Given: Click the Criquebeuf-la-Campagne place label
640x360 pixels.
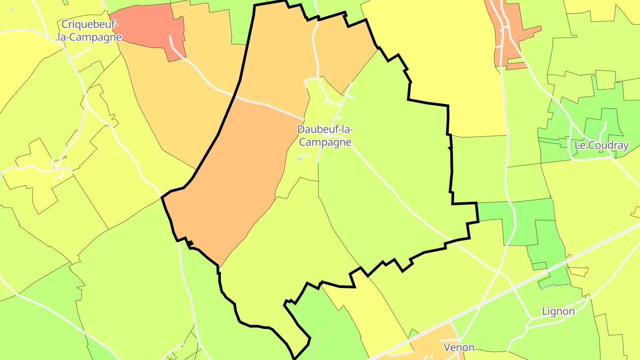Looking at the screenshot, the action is click(x=89, y=31).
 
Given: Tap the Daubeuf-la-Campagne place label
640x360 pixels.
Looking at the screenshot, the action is click(x=325, y=136).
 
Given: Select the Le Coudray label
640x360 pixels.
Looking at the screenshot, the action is click(x=601, y=145).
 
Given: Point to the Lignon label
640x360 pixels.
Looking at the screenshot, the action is click(x=558, y=311).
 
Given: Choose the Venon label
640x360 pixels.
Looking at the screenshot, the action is click(x=459, y=347).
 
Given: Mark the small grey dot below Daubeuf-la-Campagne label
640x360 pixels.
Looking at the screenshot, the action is click(x=300, y=159).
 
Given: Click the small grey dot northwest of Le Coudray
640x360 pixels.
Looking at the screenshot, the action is click(x=559, y=112).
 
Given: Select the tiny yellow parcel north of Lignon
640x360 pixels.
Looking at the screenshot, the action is click(x=578, y=271).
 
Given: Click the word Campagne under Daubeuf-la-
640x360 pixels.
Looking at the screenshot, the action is click(x=325, y=143).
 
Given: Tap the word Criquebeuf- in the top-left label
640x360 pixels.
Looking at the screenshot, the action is click(x=89, y=24).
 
